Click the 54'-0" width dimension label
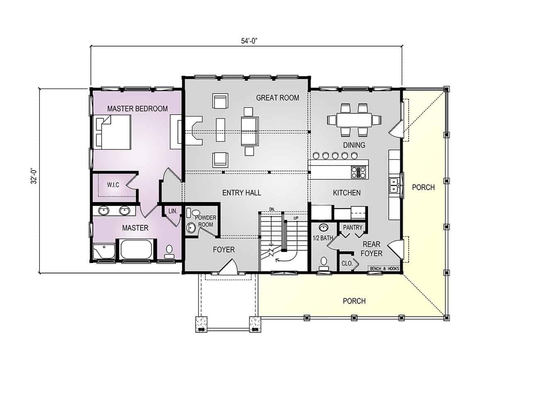(249, 41)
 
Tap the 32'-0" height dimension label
(34, 176)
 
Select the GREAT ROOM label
(278, 98)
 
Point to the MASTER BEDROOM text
(137, 109)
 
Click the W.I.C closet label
(113, 185)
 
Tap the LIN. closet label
(173, 211)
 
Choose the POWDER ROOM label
(206, 221)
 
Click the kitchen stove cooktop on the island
(358, 173)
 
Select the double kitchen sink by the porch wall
(393, 185)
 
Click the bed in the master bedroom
(112, 132)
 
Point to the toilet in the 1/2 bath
(324, 262)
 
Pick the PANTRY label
(353, 227)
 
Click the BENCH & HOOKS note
(385, 269)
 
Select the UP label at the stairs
(296, 218)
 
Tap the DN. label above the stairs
(272, 210)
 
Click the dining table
(354, 120)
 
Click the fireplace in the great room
(194, 131)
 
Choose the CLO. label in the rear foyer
(347, 264)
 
